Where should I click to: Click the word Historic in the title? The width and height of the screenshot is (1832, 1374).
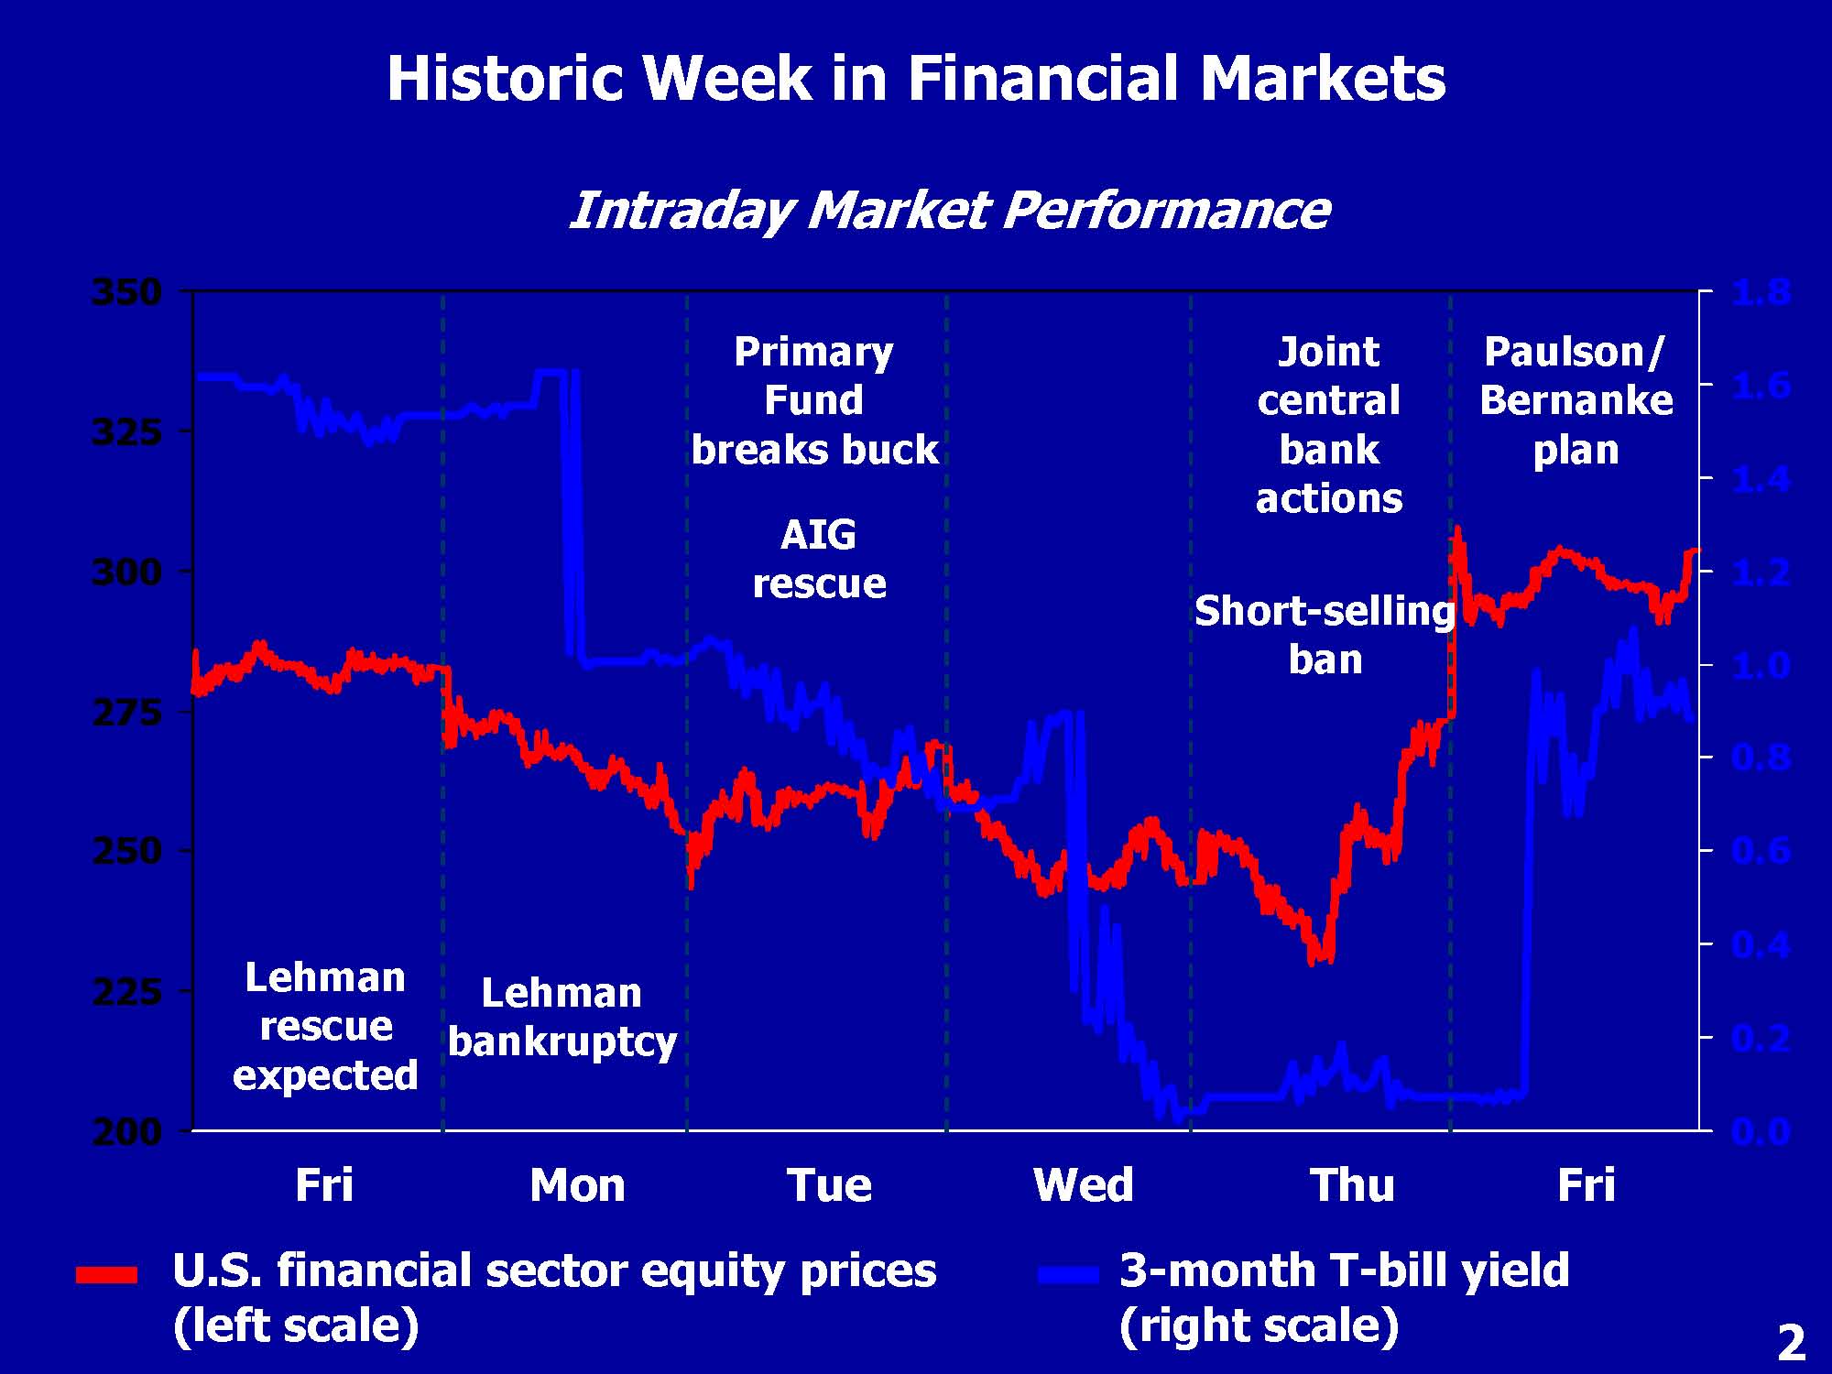[507, 79]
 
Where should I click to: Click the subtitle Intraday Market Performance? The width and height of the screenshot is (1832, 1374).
[948, 211]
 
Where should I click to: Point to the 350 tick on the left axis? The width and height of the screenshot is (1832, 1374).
[126, 293]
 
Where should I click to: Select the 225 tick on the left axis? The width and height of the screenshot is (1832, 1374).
[126, 991]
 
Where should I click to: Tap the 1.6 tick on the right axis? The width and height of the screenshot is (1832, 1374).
[1761, 386]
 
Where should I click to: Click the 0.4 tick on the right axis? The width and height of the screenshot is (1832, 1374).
[1761, 944]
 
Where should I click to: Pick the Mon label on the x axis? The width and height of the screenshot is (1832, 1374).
[577, 1185]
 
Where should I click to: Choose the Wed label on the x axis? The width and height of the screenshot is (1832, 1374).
[1083, 1185]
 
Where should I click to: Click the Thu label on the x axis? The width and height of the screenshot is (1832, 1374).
[1352, 1185]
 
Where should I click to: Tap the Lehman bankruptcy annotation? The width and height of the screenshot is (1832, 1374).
[562, 1018]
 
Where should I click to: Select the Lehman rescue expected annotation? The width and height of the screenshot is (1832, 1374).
[325, 1026]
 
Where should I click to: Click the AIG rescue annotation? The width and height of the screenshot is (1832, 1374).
[819, 559]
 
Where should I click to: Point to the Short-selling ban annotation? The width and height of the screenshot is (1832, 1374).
[1325, 635]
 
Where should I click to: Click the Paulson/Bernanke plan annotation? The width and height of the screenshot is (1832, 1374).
[1576, 401]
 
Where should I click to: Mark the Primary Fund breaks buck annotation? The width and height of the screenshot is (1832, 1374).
[814, 401]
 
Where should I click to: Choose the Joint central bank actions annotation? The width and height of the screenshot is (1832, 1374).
[1328, 425]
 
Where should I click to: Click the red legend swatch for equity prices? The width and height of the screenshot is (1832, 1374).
[106, 1274]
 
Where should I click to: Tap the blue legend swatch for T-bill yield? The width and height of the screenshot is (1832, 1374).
[1067, 1274]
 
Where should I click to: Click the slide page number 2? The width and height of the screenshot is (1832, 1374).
[1791, 1344]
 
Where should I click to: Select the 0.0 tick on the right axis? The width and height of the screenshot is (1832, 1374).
[1761, 1132]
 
